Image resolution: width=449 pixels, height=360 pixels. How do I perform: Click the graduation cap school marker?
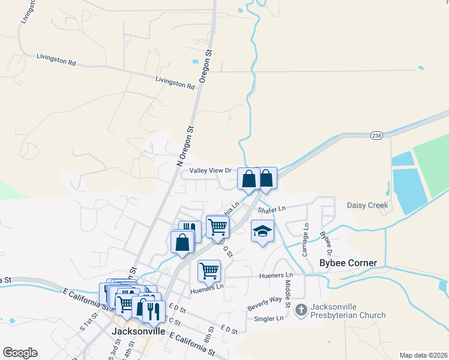(x=262, y=232)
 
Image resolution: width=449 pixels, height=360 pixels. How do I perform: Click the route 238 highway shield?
(x=376, y=135)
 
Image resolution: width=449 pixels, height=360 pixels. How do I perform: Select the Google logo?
(x=20, y=353)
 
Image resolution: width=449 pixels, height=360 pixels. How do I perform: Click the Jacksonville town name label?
(x=139, y=331)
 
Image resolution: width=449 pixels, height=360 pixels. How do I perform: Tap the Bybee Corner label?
(x=348, y=263)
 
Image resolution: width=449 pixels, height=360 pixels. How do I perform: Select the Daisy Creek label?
(x=367, y=205)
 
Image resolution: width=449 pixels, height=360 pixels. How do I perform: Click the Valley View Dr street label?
(x=211, y=170)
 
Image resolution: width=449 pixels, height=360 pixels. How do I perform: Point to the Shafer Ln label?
(x=271, y=209)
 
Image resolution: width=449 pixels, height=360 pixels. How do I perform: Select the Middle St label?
(x=288, y=294)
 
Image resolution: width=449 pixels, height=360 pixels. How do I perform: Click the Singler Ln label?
(x=268, y=319)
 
